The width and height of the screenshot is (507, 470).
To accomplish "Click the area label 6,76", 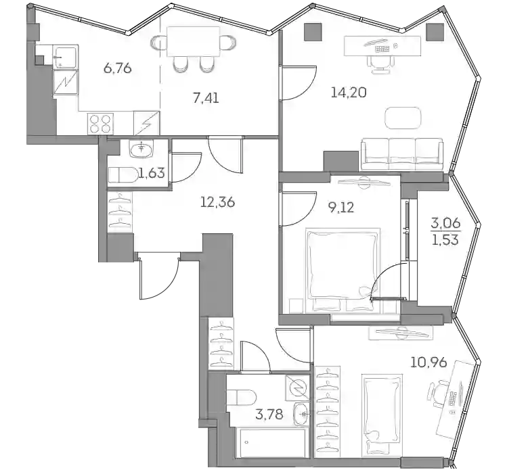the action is point(117,68).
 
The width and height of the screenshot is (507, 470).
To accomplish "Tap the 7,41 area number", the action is point(206,98).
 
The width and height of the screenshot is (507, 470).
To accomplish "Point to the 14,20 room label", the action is point(348,93).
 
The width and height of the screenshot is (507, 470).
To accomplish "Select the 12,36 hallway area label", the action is point(217,202).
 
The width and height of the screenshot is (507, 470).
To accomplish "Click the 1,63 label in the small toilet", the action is point(152,174).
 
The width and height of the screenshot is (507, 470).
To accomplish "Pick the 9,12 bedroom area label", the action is point(341,207).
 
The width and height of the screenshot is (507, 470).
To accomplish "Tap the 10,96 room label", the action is point(428,362).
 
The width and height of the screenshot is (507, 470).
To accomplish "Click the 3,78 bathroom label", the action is point(269,414).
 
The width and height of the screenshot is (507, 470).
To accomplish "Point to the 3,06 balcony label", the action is point(446,223).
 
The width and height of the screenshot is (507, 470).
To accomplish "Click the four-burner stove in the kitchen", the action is point(100,124).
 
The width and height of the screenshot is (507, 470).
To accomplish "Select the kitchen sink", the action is point(65,57).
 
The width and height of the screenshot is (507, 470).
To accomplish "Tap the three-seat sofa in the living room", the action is point(402,154).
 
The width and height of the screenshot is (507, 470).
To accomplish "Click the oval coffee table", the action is point(403,118).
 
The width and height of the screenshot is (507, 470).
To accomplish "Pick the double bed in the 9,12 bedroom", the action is point(343,271).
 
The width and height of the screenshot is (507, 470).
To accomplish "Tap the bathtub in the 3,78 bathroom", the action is point(271,443).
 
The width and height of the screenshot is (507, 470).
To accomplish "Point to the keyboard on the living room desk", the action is point(382,49).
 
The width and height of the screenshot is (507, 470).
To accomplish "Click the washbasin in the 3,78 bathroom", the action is point(303,413).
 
